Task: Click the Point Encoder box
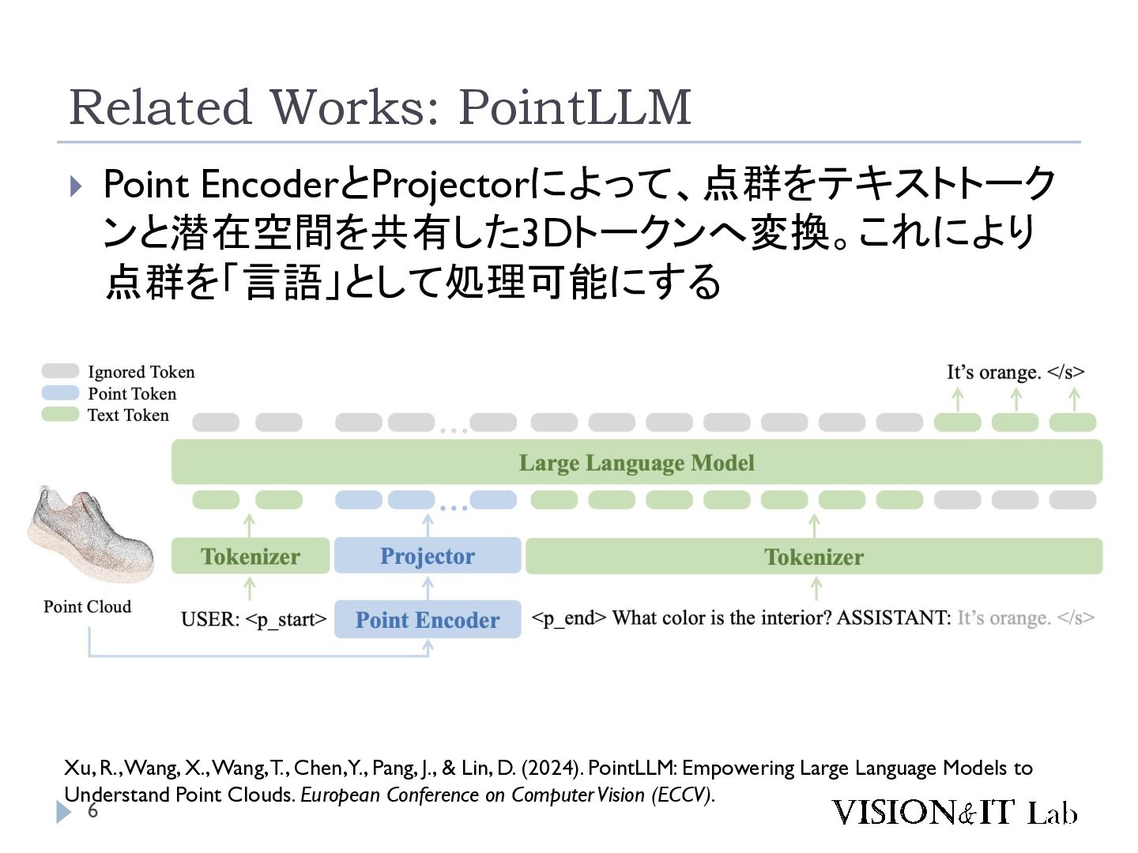click(428, 619)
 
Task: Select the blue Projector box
click(428, 555)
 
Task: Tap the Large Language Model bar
click(637, 462)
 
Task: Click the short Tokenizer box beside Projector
click(251, 556)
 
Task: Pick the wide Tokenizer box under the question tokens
click(814, 556)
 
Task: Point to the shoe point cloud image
click(91, 533)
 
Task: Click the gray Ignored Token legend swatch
click(60, 371)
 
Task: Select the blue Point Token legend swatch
click(60, 393)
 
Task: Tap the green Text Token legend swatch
click(60, 415)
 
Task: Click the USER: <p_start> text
click(254, 619)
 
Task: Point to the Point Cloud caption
click(87, 607)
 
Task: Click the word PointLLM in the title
click(575, 107)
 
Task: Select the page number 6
click(92, 810)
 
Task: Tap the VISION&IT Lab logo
click(955, 812)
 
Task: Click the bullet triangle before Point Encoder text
click(76, 186)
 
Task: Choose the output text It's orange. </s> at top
click(1016, 372)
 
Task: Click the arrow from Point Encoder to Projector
click(428, 588)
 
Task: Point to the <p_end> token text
click(569, 618)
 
